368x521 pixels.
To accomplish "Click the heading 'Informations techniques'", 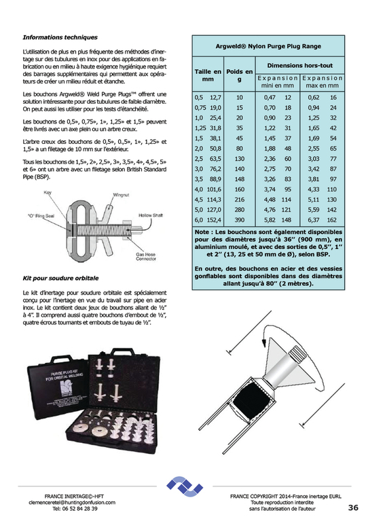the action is pyautogui.click(x=60, y=37).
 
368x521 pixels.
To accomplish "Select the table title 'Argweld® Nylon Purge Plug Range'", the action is pyautogui.click(x=268, y=46).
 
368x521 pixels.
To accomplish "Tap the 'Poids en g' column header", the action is pyautogui.click(x=240, y=75).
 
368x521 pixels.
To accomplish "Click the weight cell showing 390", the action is pyautogui.click(x=240, y=220).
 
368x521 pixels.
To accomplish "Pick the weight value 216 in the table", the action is pyautogui.click(x=240, y=199).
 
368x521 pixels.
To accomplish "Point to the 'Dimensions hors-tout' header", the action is pyautogui.click(x=300, y=65).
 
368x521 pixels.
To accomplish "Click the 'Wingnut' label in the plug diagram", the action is pyautogui.click(x=121, y=195).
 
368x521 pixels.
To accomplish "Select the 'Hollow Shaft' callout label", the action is pyautogui.click(x=151, y=215).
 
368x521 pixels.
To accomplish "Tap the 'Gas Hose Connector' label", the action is pyautogui.click(x=145, y=256).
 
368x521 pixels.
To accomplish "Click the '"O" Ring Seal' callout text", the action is pyautogui.click(x=41, y=216).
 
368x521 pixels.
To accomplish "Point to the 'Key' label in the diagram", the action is pyautogui.click(x=48, y=193).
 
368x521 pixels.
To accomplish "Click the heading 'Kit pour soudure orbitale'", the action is pyautogui.click(x=60, y=278).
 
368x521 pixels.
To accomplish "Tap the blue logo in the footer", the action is pyautogui.click(x=185, y=487).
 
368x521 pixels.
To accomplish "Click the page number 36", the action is pyautogui.click(x=353, y=507).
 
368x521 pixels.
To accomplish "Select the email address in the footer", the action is pyautogui.click(x=72, y=503).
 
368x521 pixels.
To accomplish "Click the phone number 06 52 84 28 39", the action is pyautogui.click(x=75, y=508).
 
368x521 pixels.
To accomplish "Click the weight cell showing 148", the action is pyautogui.click(x=240, y=179).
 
